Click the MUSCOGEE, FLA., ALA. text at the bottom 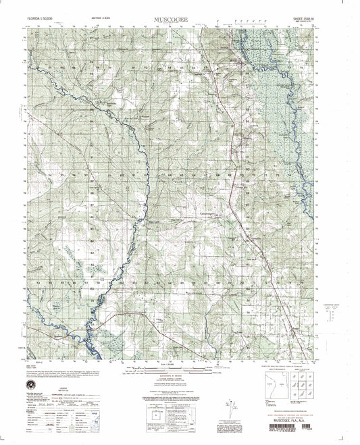click(x=289, y=418)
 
